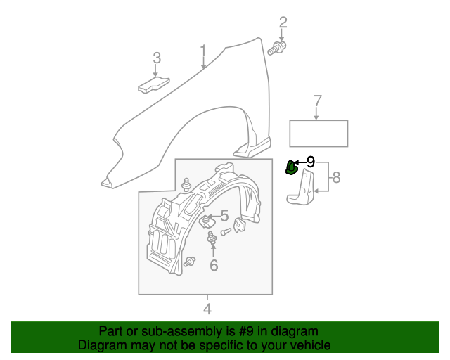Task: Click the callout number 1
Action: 203,51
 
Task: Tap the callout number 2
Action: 283,22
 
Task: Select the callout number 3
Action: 157,58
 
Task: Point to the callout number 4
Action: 207,309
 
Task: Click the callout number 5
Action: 224,216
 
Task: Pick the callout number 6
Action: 214,265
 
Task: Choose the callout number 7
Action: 317,101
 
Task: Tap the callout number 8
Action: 336,177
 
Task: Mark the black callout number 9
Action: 311,162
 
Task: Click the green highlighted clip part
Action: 290,167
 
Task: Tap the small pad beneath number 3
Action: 153,85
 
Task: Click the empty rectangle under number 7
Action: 319,134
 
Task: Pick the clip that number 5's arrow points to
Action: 207,221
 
